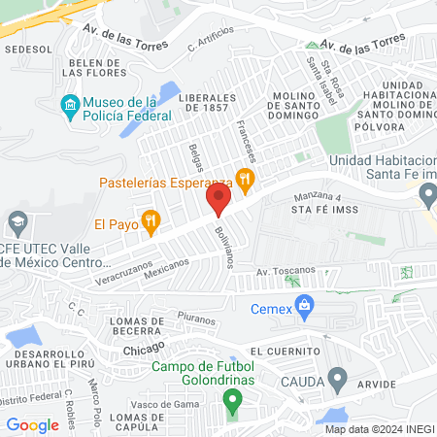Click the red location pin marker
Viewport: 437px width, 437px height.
click(x=218, y=201)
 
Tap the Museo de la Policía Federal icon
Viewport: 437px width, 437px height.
click(x=70, y=105)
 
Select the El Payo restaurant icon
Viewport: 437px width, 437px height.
click(x=151, y=222)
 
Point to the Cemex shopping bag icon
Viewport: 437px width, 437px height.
click(x=305, y=305)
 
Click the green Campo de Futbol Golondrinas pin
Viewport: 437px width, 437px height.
click(x=232, y=399)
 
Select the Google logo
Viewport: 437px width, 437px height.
click(x=32, y=424)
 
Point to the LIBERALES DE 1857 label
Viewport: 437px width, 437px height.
click(x=206, y=104)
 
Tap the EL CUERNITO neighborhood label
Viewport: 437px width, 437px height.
click(x=284, y=351)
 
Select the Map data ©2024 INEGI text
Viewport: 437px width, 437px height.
click(x=379, y=428)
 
